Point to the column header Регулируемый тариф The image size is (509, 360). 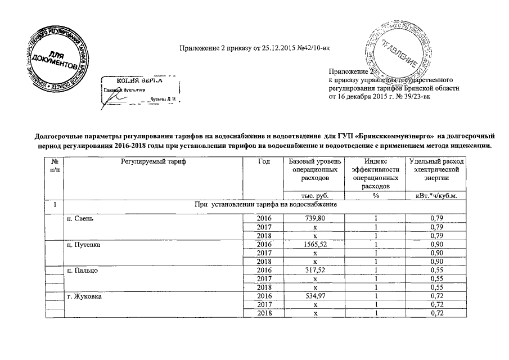pos(152,162)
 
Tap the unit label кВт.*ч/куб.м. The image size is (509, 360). pos(436,196)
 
